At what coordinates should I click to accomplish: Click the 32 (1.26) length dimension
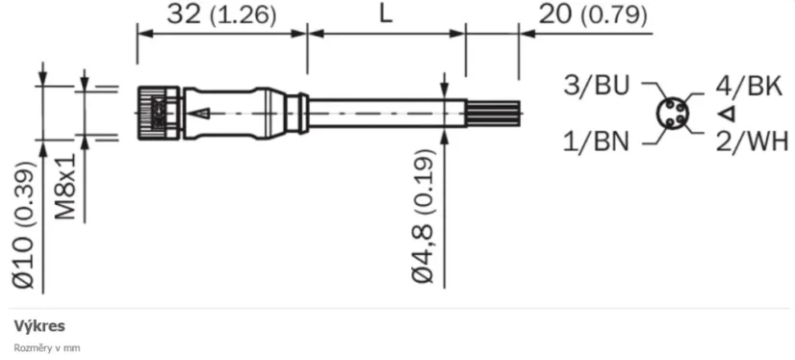click(x=221, y=15)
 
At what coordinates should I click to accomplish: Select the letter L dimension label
click(x=385, y=15)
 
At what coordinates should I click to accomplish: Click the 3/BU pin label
click(x=596, y=85)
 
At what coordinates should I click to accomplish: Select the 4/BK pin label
click(x=747, y=85)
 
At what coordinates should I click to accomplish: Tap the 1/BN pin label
click(x=596, y=142)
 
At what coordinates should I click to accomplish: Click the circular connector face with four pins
click(x=672, y=114)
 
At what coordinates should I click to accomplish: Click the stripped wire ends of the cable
click(x=493, y=113)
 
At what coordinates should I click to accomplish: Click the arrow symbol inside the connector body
click(x=199, y=114)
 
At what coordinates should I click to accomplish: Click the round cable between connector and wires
click(x=385, y=113)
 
